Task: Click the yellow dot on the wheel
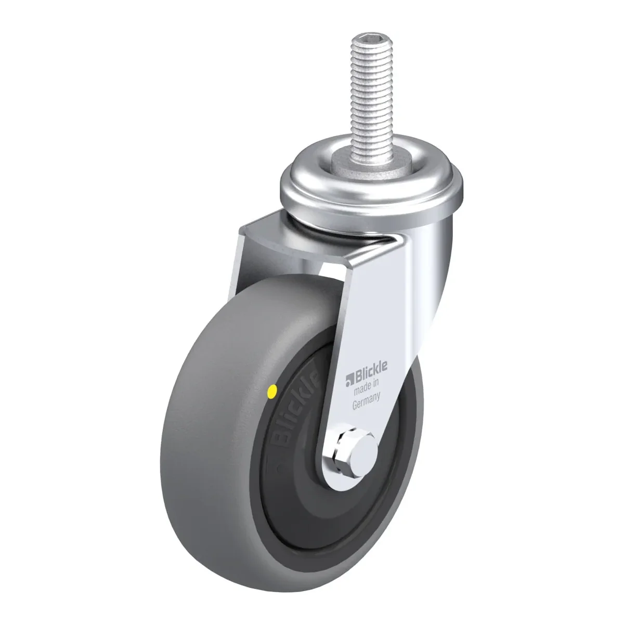tap(273, 391)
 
